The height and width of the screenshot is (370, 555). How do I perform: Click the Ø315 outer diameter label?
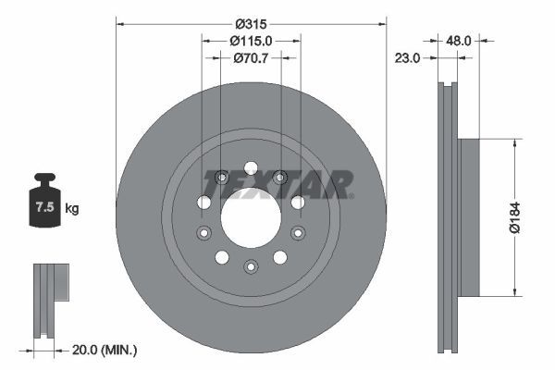251,24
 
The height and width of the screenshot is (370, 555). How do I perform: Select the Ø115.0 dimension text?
251,41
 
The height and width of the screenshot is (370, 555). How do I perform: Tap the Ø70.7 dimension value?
251,57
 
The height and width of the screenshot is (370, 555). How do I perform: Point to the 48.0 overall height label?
459,41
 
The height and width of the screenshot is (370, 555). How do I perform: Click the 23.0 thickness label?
407,57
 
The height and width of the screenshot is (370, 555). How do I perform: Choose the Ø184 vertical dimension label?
515,217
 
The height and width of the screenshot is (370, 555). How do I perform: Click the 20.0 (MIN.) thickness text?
105,351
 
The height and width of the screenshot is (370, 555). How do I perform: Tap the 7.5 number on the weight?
45,206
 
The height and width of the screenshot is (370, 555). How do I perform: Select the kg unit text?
72,208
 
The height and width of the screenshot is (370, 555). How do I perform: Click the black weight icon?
45,200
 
